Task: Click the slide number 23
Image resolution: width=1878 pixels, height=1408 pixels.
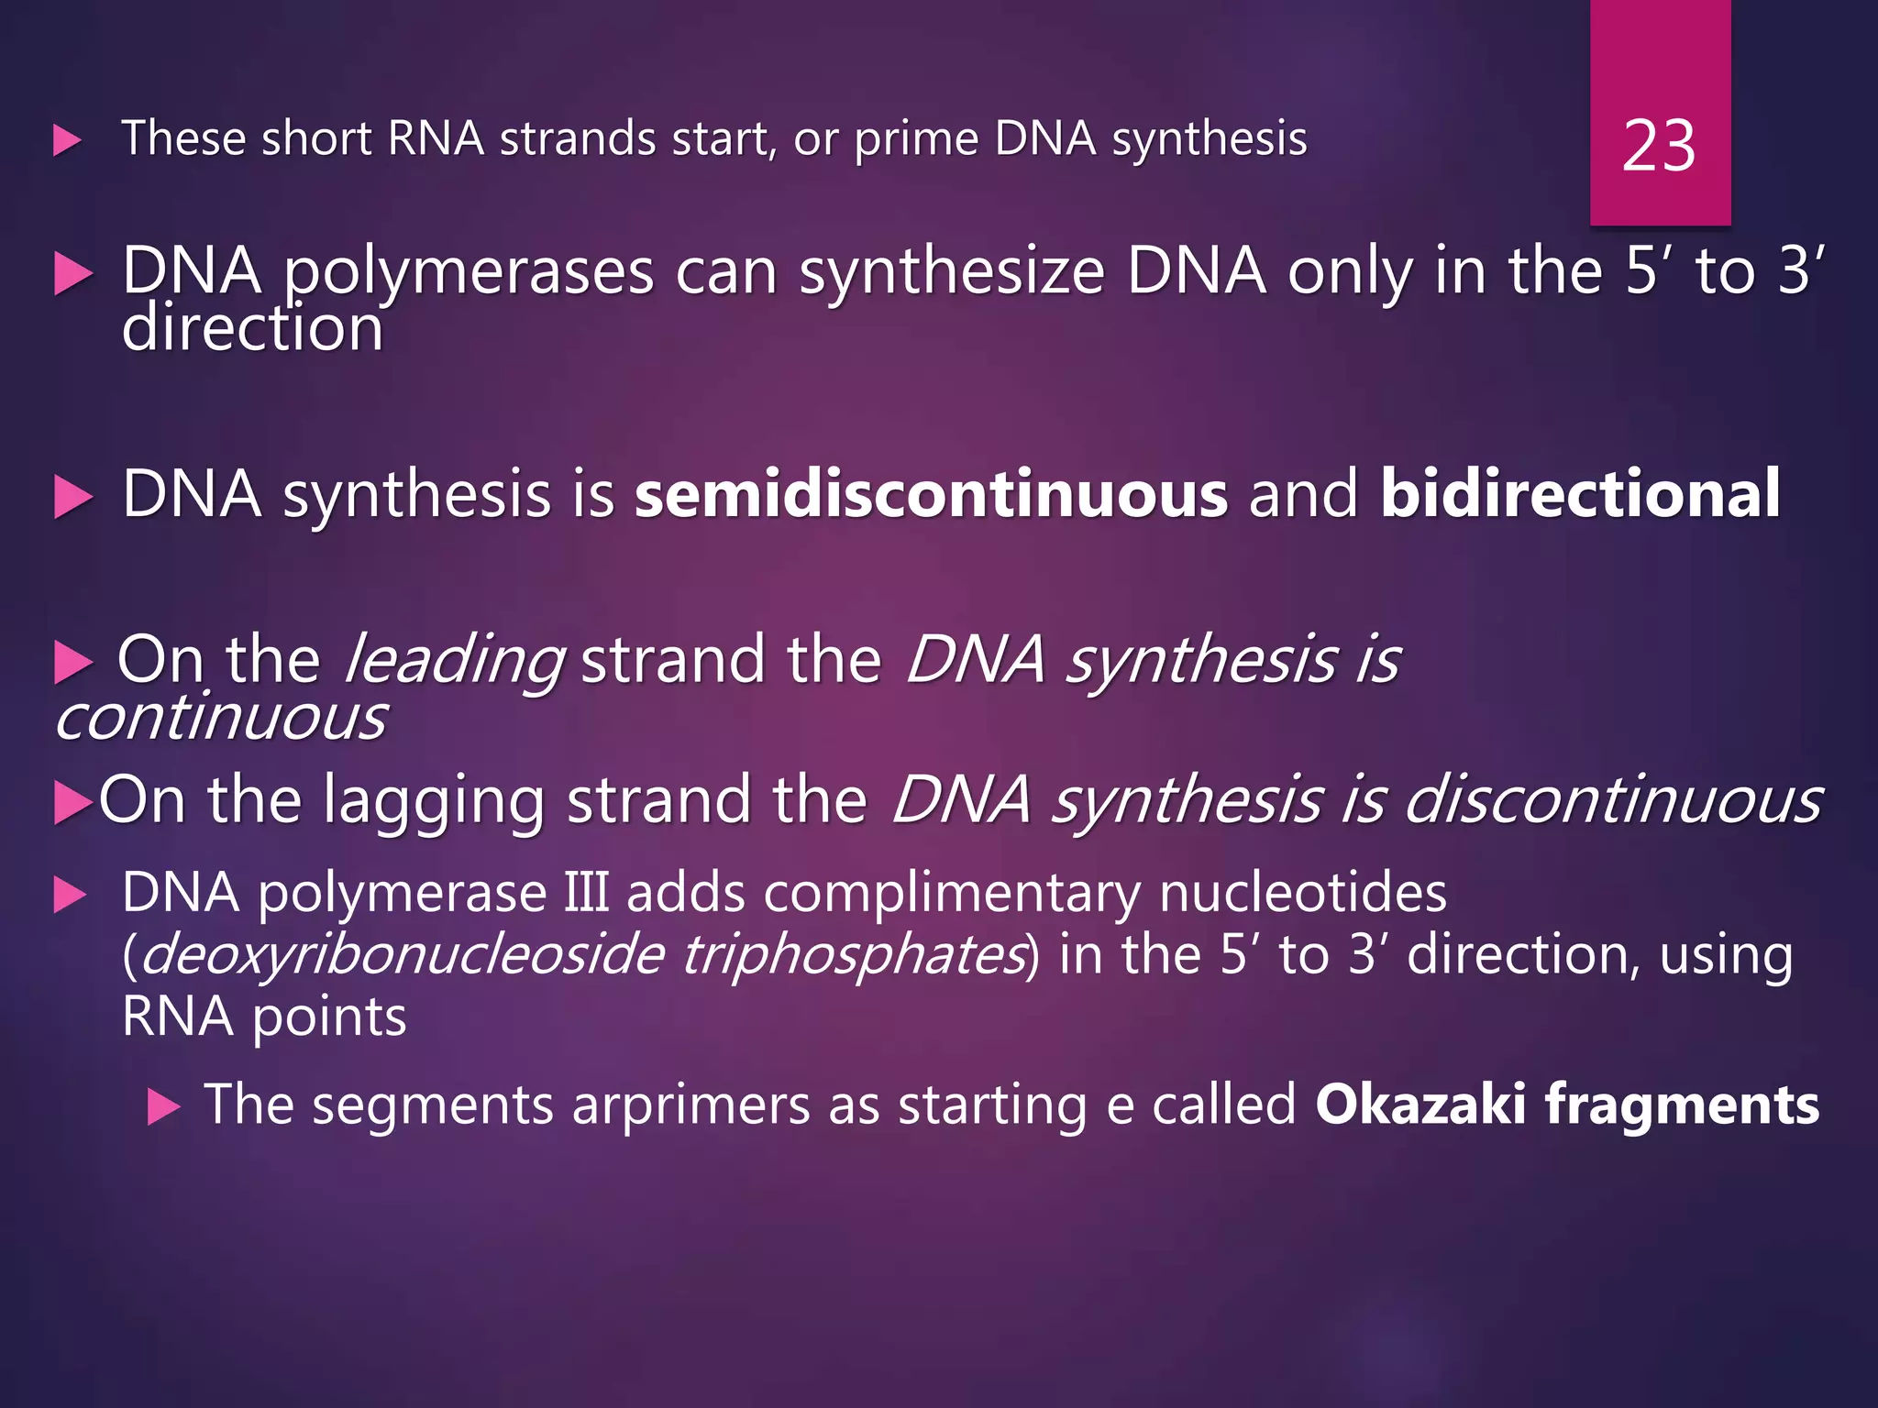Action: point(1658,147)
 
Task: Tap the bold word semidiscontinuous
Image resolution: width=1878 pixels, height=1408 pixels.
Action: point(931,495)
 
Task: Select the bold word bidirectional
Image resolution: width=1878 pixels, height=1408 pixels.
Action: point(1580,495)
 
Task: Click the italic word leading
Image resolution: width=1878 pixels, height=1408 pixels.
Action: point(453,660)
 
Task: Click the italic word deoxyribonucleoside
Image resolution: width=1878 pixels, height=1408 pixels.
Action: point(402,955)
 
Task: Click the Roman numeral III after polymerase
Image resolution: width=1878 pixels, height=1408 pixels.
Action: point(586,893)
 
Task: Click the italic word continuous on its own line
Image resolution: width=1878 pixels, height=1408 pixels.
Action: point(221,718)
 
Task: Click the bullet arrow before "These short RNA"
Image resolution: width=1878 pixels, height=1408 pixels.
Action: point(68,141)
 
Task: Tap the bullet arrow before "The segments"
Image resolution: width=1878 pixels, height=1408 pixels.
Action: point(163,1107)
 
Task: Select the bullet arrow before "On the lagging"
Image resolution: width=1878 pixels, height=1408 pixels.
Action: point(72,803)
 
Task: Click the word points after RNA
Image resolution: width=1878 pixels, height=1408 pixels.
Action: point(328,1018)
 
